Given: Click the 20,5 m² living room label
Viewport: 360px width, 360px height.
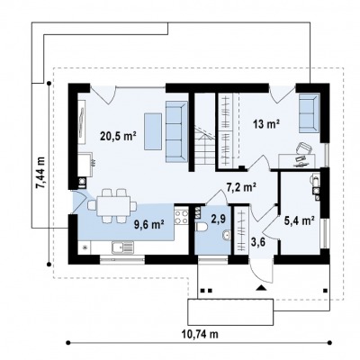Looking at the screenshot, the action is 118,137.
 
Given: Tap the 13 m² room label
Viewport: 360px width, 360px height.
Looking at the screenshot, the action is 266,124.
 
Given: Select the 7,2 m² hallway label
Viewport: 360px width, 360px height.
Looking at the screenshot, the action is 241,188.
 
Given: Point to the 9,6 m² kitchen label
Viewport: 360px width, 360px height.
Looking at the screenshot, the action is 148,224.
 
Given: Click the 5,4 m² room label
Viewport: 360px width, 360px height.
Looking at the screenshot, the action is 299,220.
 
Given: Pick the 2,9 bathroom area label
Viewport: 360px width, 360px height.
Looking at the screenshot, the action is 218,220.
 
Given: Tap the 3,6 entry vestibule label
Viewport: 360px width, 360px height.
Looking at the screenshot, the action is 257,242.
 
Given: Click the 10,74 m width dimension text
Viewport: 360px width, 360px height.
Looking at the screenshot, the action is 200,334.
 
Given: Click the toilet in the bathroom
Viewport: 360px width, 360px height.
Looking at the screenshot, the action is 201,227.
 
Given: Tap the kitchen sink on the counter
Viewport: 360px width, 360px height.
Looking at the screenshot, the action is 122,247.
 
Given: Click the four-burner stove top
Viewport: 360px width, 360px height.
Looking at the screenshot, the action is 181,217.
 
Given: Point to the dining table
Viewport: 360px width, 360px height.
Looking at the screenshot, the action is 113,206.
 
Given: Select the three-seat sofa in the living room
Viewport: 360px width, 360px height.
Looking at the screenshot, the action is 176,131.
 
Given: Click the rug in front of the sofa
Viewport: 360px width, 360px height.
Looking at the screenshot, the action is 153,131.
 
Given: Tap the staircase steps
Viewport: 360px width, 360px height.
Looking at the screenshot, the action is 205,146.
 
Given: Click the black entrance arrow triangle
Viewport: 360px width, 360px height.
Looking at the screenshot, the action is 261,288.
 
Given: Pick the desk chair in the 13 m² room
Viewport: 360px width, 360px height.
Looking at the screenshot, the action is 304,148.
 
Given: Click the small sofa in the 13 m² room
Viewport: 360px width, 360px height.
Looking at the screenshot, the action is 309,113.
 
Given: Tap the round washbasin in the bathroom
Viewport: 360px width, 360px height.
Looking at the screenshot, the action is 226,236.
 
